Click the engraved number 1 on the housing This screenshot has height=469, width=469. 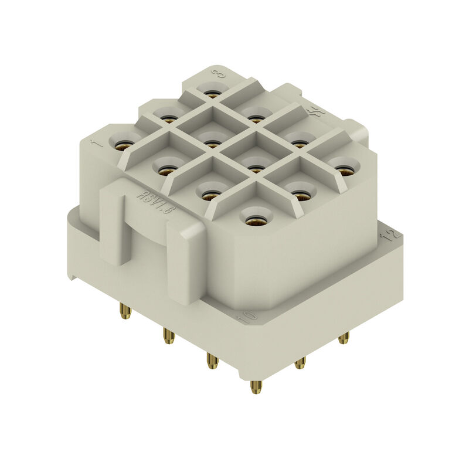pyautogui.click(x=97, y=142)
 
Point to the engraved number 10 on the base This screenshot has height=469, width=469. pyautogui.click(x=248, y=318)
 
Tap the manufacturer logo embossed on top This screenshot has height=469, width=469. pyautogui.click(x=317, y=111)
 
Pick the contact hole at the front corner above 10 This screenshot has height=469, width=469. pyautogui.click(x=255, y=220)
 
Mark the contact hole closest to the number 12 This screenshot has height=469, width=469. pyautogui.click(x=345, y=169)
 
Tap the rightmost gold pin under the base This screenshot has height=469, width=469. pyautogui.click(x=344, y=338)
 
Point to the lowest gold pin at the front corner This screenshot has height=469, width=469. pyautogui.click(x=256, y=386)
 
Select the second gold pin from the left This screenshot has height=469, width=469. pyautogui.click(x=169, y=336)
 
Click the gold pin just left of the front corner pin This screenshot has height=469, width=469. pyautogui.click(x=212, y=360)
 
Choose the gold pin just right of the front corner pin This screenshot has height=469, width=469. pyautogui.click(x=300, y=363)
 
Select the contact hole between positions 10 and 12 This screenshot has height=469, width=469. pyautogui.click(x=300, y=194)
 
